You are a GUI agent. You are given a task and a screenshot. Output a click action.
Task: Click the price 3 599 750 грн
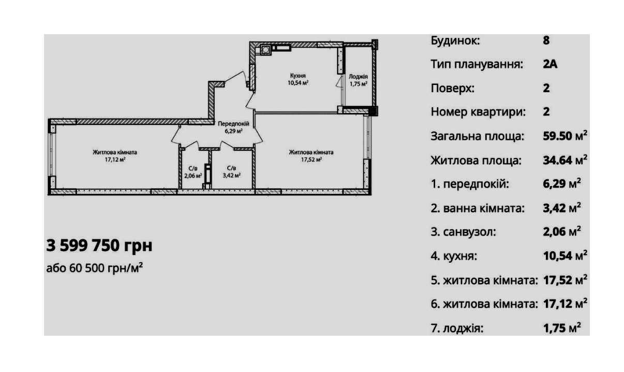click(x=99, y=245)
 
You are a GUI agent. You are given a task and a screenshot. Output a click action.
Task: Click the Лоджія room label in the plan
click(x=358, y=80)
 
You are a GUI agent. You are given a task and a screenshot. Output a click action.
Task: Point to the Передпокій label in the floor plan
click(x=234, y=127)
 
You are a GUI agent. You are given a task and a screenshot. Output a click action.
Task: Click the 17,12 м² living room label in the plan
click(x=115, y=156)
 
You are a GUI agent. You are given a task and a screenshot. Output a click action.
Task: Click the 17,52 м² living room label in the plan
click(x=311, y=156)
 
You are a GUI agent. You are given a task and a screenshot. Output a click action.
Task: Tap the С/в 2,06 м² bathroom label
click(x=192, y=171)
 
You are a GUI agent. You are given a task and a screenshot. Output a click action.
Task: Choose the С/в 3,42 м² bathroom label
click(x=231, y=171)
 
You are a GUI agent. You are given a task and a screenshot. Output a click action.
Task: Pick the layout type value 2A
click(x=550, y=64)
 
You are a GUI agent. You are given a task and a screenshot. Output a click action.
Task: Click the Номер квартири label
click(x=478, y=112)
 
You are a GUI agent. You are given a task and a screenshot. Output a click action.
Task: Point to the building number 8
click(x=546, y=40)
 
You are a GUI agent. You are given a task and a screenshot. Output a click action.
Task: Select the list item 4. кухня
click(x=454, y=256)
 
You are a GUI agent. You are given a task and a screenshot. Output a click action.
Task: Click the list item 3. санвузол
click(x=463, y=232)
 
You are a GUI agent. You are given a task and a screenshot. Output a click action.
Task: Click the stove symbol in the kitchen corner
click(x=265, y=50)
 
